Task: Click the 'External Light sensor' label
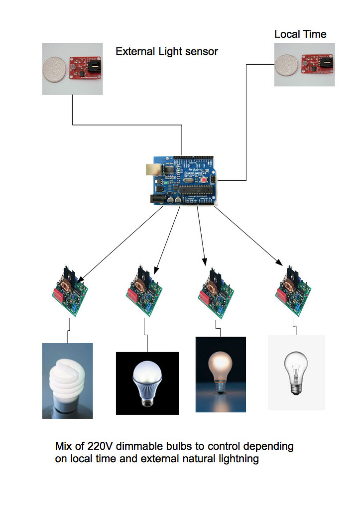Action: click(x=167, y=51)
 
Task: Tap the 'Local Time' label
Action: click(x=300, y=34)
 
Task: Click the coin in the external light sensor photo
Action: click(x=56, y=68)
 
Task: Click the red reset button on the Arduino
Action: click(x=204, y=179)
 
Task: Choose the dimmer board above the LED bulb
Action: click(x=144, y=292)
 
